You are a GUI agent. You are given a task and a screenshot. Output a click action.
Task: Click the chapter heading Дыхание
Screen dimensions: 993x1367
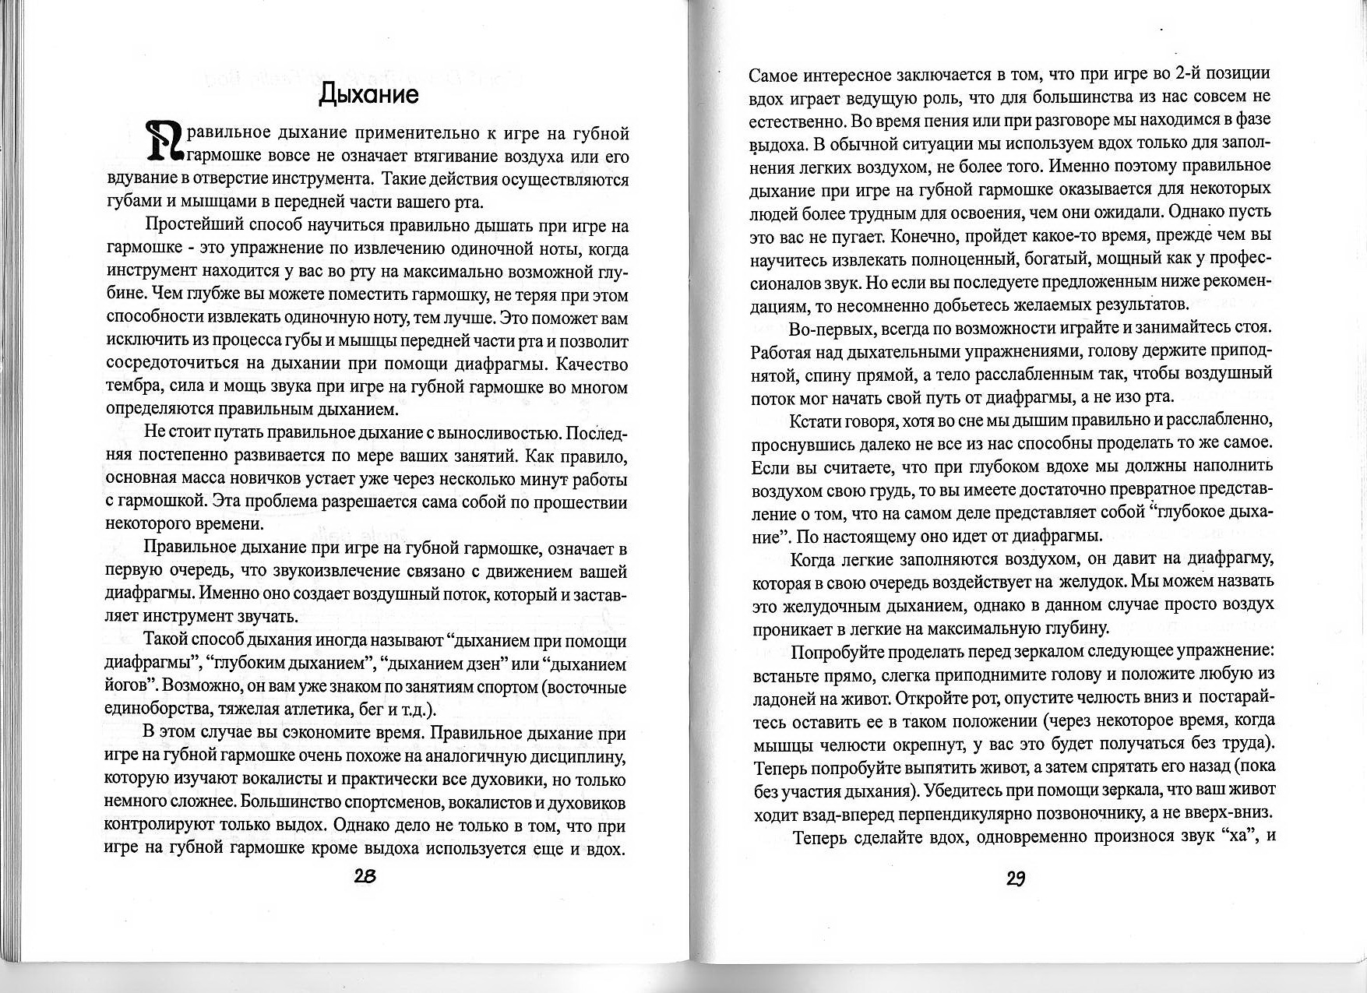[x=369, y=94]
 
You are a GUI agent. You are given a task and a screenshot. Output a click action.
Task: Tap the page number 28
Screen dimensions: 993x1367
[x=365, y=875]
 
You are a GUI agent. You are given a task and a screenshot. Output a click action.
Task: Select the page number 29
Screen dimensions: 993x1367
[x=1015, y=879]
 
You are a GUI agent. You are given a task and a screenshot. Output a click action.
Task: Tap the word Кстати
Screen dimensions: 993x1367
[x=817, y=421]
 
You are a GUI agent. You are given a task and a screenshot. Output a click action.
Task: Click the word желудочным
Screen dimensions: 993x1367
[x=838, y=605]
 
